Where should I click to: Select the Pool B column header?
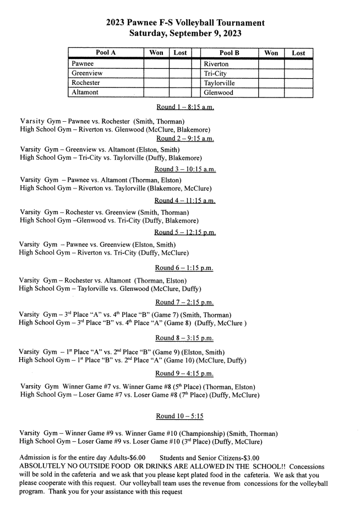[x=230, y=53]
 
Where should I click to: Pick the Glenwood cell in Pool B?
[x=219, y=93]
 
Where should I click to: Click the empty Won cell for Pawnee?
[x=156, y=63]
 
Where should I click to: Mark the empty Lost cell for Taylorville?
[x=298, y=83]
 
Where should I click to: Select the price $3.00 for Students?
[x=248, y=457]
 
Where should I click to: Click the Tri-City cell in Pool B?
[x=216, y=73]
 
